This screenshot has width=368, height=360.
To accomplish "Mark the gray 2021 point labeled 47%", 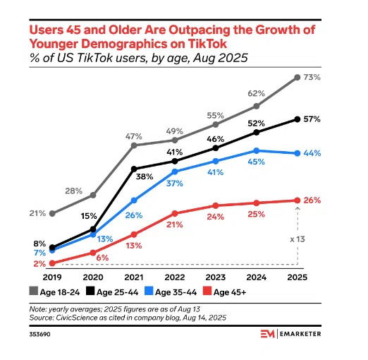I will [134, 145].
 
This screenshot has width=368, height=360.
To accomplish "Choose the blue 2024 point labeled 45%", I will [257, 150].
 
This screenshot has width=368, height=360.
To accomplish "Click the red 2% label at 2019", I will [38, 263].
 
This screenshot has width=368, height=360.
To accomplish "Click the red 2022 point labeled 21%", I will [175, 212].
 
